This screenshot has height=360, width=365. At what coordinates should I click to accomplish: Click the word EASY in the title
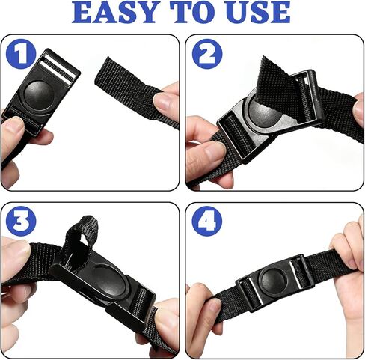point(114,12)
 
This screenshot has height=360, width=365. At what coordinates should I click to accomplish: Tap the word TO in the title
point(191,12)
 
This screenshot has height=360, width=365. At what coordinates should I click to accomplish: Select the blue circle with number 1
point(21,54)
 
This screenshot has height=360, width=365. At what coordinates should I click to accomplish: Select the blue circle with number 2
point(207,54)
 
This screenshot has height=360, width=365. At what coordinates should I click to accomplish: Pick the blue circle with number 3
point(21,221)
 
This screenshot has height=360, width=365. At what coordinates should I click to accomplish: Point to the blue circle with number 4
point(207,221)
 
